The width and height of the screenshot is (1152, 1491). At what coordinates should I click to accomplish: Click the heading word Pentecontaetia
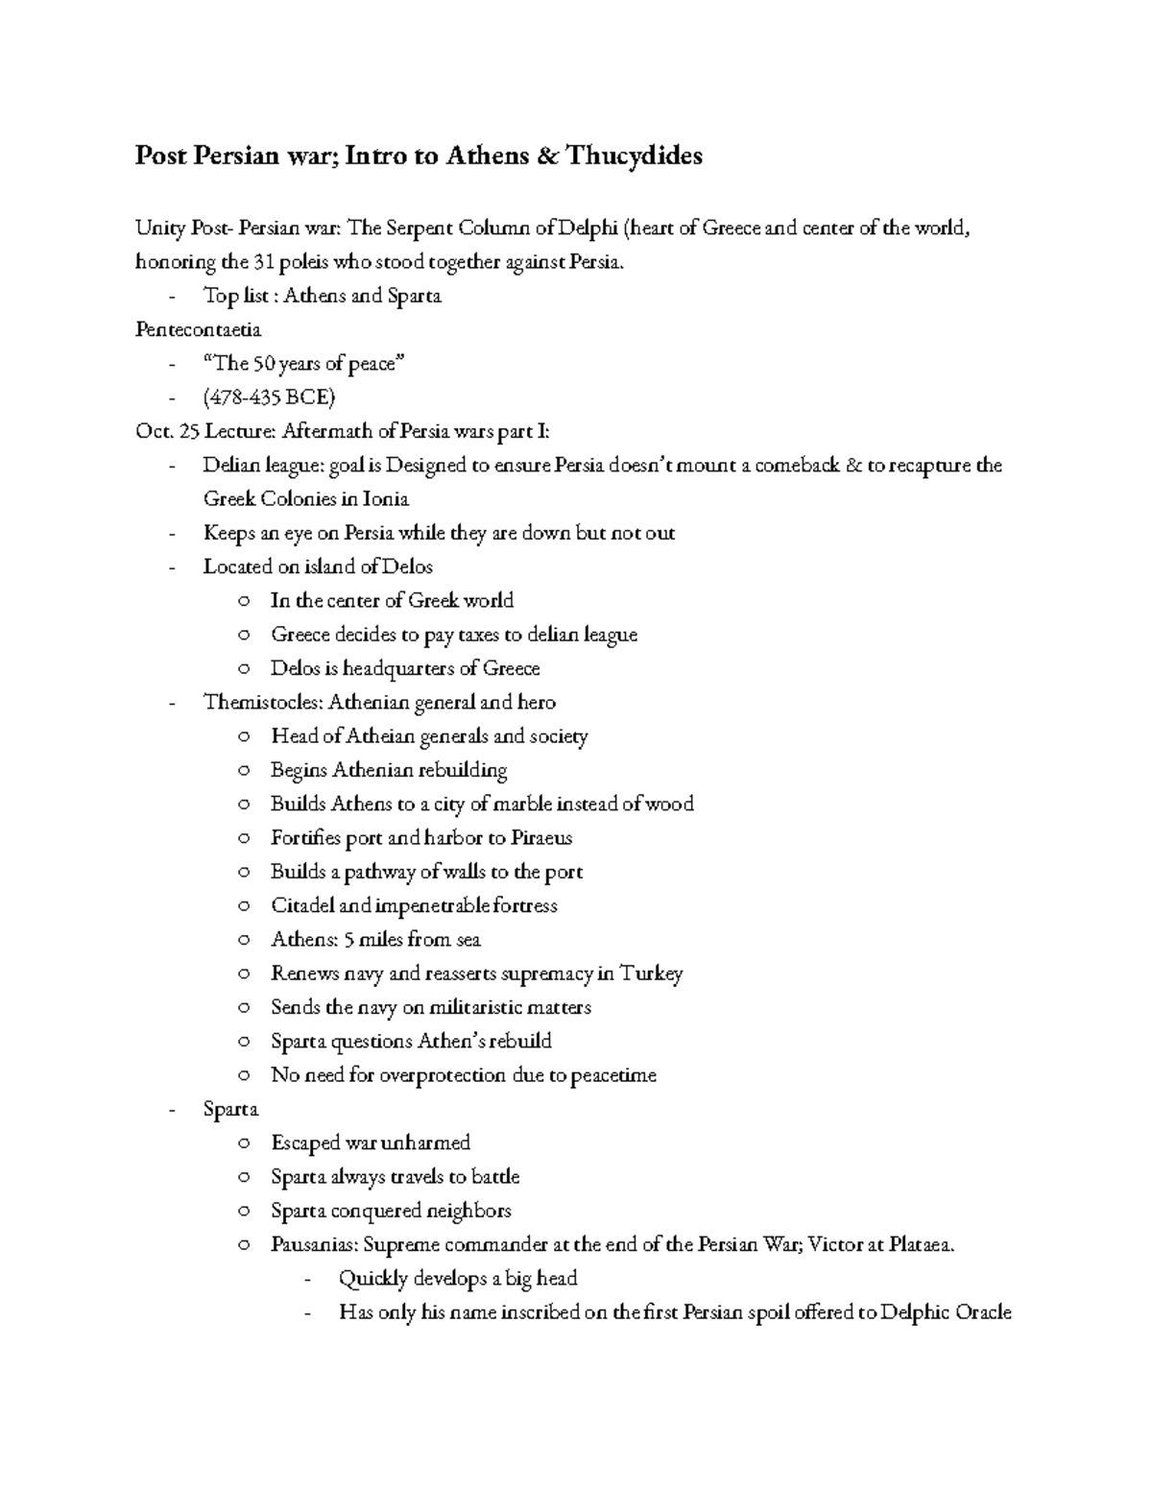[198, 329]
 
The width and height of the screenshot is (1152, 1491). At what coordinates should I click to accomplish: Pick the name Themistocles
[262, 702]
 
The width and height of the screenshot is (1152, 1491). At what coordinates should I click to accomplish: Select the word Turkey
[652, 974]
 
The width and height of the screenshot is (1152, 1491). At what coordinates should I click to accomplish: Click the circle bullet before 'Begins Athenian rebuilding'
[246, 771]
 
